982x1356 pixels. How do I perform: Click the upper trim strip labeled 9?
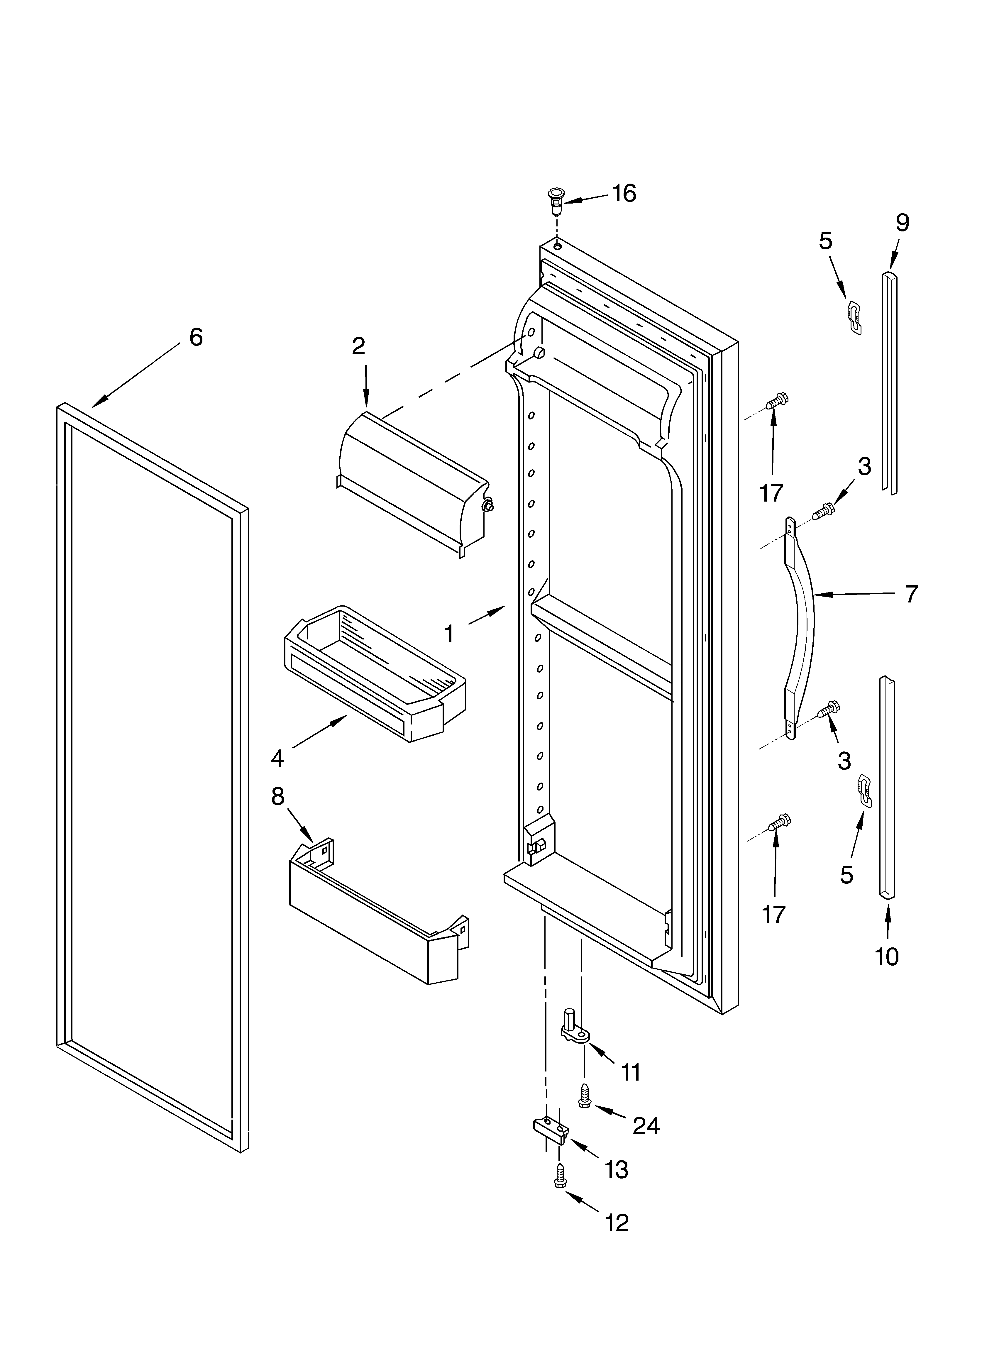pyautogui.click(x=889, y=383)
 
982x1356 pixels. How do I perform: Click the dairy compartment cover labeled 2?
pyautogui.click(x=413, y=481)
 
